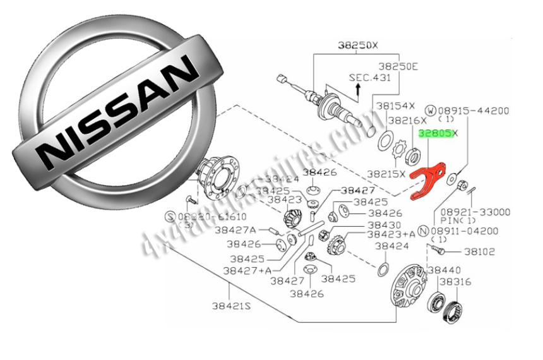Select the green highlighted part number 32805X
(437, 133)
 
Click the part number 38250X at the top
(357, 45)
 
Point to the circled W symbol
(431, 111)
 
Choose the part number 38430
(385, 224)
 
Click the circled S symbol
(169, 216)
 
